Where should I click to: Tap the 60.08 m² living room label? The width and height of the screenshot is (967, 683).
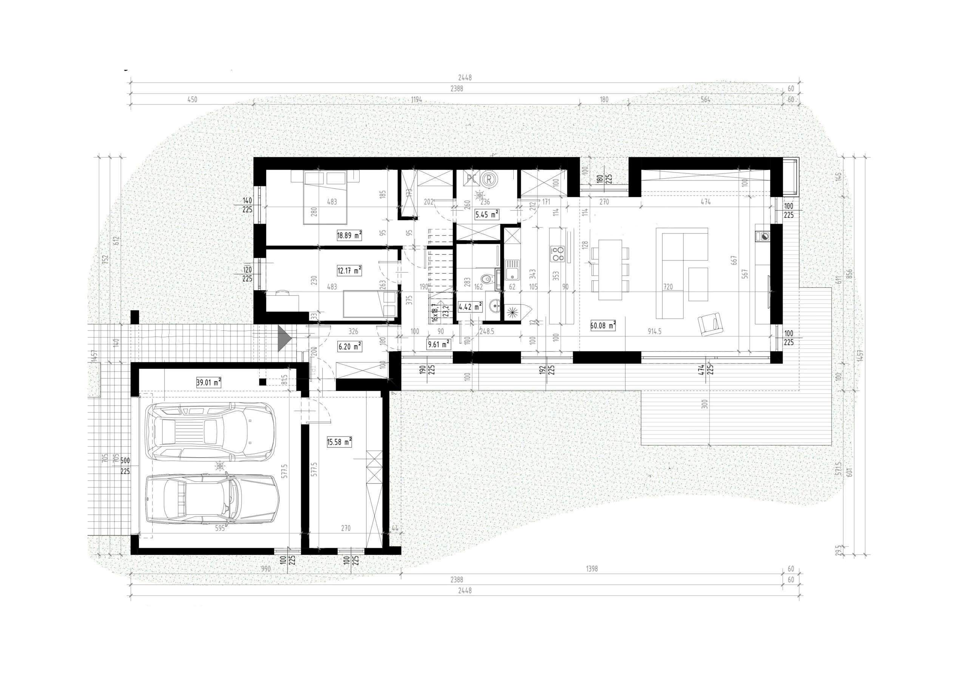603,325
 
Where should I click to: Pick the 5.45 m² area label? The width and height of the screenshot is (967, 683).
487,215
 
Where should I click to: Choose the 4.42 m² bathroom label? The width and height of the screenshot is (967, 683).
470,307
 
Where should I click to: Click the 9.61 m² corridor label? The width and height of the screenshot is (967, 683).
438,344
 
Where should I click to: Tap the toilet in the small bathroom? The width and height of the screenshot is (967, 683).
487,279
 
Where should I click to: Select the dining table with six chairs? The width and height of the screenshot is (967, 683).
610,270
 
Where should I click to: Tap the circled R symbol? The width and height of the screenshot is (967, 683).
488,179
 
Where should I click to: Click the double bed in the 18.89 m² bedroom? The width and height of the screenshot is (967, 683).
325,198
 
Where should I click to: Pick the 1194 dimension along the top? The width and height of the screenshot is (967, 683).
417,100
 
